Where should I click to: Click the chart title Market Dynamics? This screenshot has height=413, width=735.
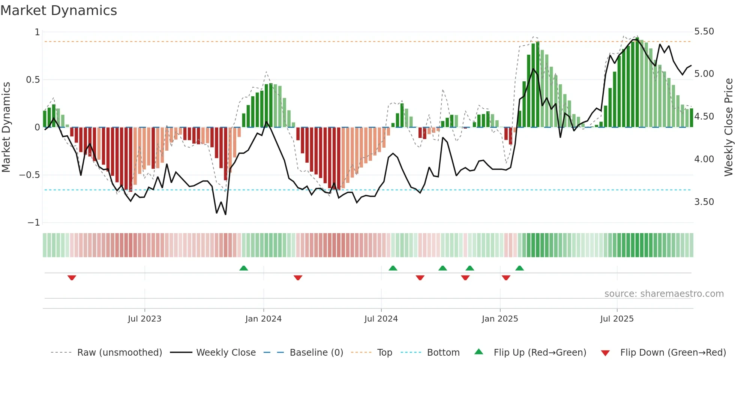click(x=59, y=10)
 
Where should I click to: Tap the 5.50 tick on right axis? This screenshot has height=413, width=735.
click(x=704, y=31)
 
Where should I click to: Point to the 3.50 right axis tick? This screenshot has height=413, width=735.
click(x=704, y=202)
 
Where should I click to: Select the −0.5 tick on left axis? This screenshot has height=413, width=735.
click(x=29, y=175)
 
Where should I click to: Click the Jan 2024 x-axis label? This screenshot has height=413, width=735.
click(x=263, y=319)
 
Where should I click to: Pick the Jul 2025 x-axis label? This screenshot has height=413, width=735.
click(x=616, y=319)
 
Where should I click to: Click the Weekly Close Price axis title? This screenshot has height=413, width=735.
click(x=728, y=127)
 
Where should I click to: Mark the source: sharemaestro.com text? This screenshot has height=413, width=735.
click(x=664, y=294)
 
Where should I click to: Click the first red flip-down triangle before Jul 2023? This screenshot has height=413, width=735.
click(x=72, y=278)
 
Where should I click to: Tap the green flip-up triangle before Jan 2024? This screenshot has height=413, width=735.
click(x=244, y=268)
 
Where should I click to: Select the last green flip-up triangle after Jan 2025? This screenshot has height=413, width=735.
click(x=519, y=268)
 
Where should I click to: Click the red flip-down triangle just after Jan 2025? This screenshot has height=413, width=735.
click(x=506, y=278)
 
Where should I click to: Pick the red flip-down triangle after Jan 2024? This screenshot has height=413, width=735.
click(x=298, y=278)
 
